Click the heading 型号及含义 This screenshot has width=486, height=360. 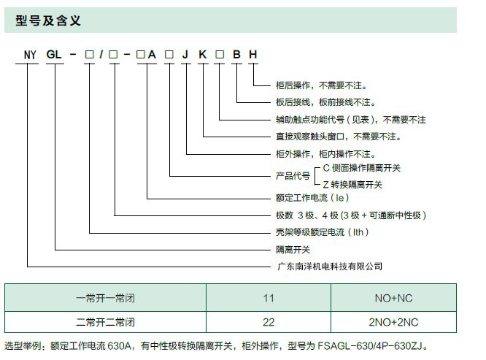[x=47, y=20]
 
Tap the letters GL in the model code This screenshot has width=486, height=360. [x=55, y=55]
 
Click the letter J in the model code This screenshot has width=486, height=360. [x=186, y=55]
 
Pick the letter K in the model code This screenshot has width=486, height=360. [x=203, y=55]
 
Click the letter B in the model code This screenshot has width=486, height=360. [x=236, y=55]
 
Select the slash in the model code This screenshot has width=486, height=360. [x=102, y=55]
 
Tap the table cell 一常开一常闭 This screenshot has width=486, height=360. [x=106, y=298]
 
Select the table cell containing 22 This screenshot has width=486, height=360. [x=269, y=322]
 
